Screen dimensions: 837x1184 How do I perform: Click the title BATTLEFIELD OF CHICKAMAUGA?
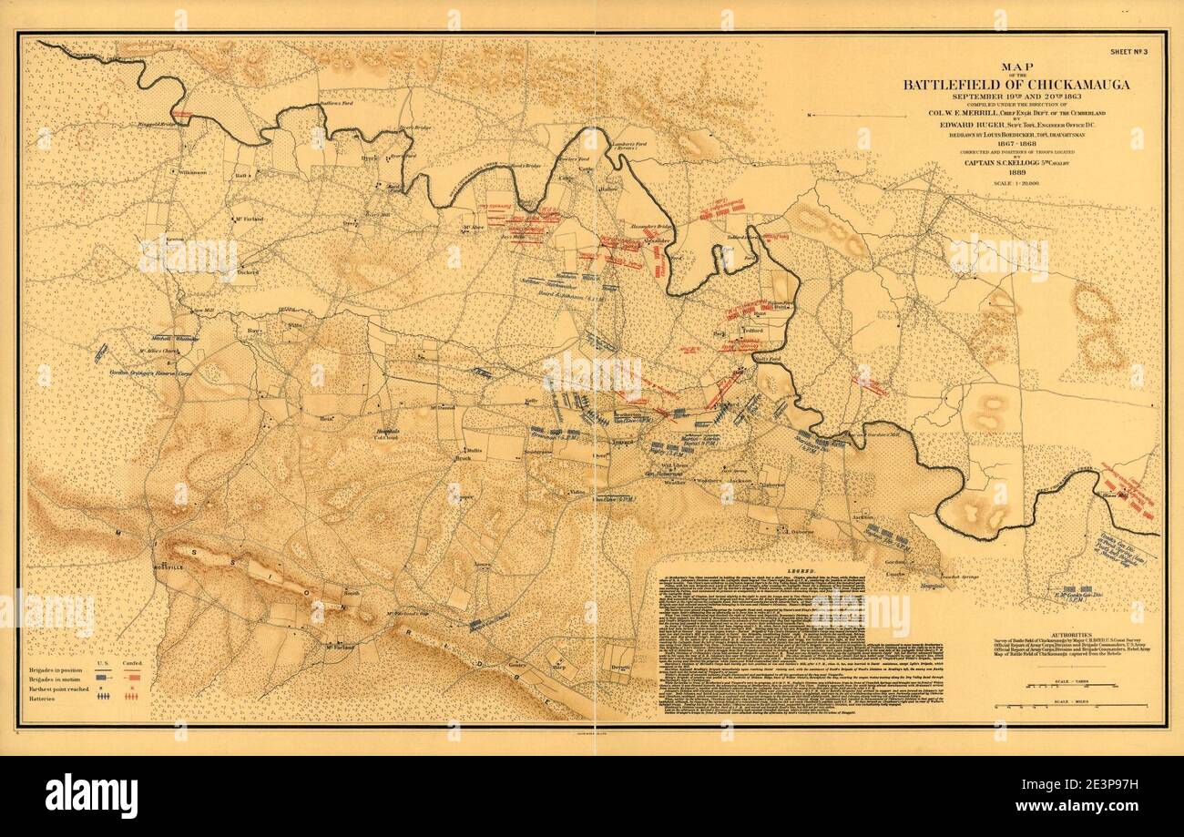[x=1016, y=85]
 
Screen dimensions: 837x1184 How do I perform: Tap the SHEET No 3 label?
[x=1133, y=53]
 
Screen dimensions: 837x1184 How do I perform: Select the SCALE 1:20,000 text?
[x=1016, y=185]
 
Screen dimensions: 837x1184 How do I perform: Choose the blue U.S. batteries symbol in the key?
[x=104, y=696]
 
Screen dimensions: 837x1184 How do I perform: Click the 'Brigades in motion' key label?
[x=57, y=678]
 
